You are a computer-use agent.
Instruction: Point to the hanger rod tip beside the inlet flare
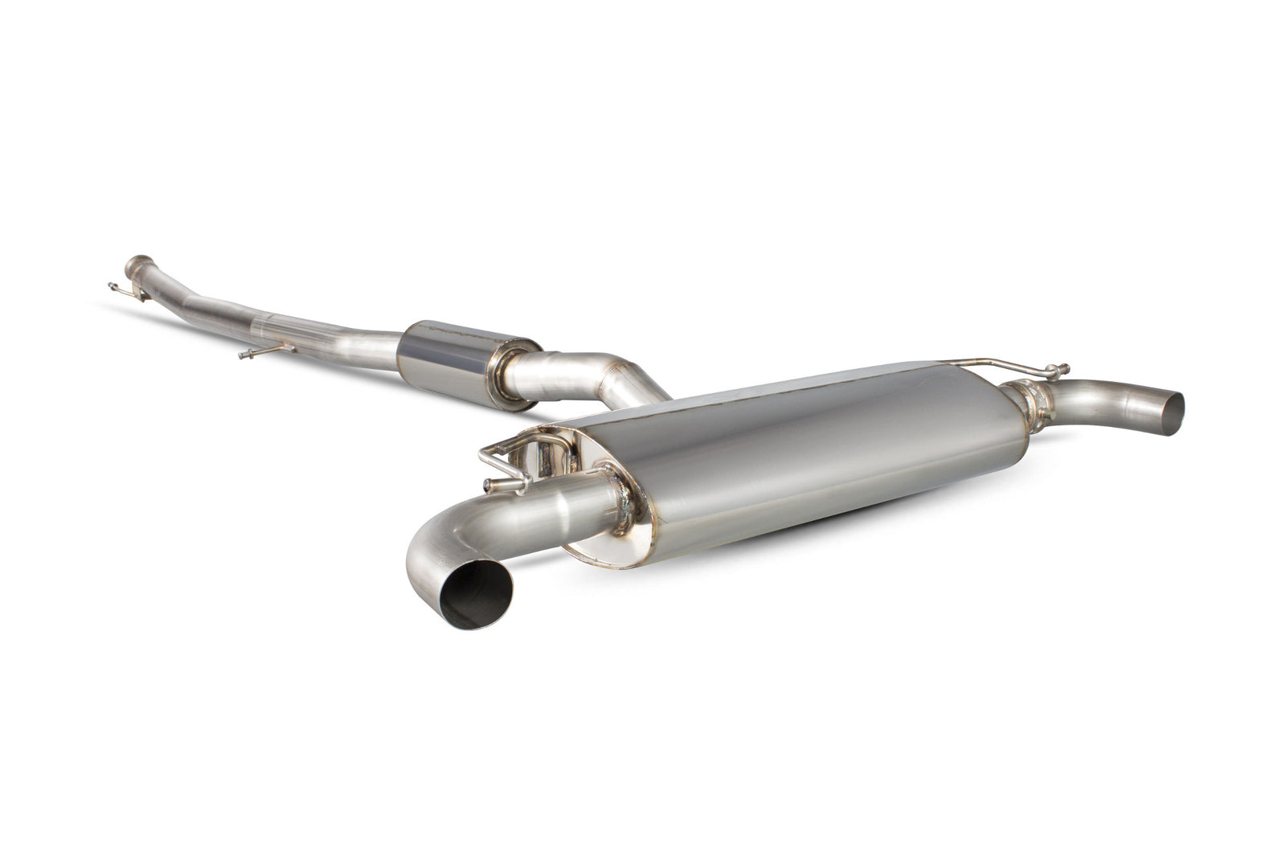coord(112,285)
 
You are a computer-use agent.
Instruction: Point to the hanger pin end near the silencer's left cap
coord(488,484)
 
